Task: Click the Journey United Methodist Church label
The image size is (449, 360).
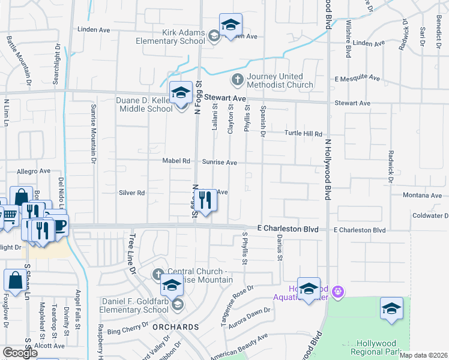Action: point(280,80)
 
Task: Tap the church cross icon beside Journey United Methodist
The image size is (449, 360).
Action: point(237,79)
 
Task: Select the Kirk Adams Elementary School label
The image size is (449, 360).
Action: point(170,37)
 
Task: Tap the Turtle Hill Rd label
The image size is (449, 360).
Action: point(303,134)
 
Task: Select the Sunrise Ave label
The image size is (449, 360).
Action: point(219,162)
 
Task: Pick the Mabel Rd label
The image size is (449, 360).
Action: point(176,161)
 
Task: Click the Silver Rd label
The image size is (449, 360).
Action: point(132,193)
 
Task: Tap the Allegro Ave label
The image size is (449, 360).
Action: point(33,171)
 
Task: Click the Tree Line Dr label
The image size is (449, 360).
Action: point(130,255)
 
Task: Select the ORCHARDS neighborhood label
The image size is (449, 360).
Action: point(175,327)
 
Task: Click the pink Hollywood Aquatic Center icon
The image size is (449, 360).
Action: point(338,291)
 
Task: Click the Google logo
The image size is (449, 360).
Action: point(20,353)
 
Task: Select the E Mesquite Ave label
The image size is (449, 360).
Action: point(358,79)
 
